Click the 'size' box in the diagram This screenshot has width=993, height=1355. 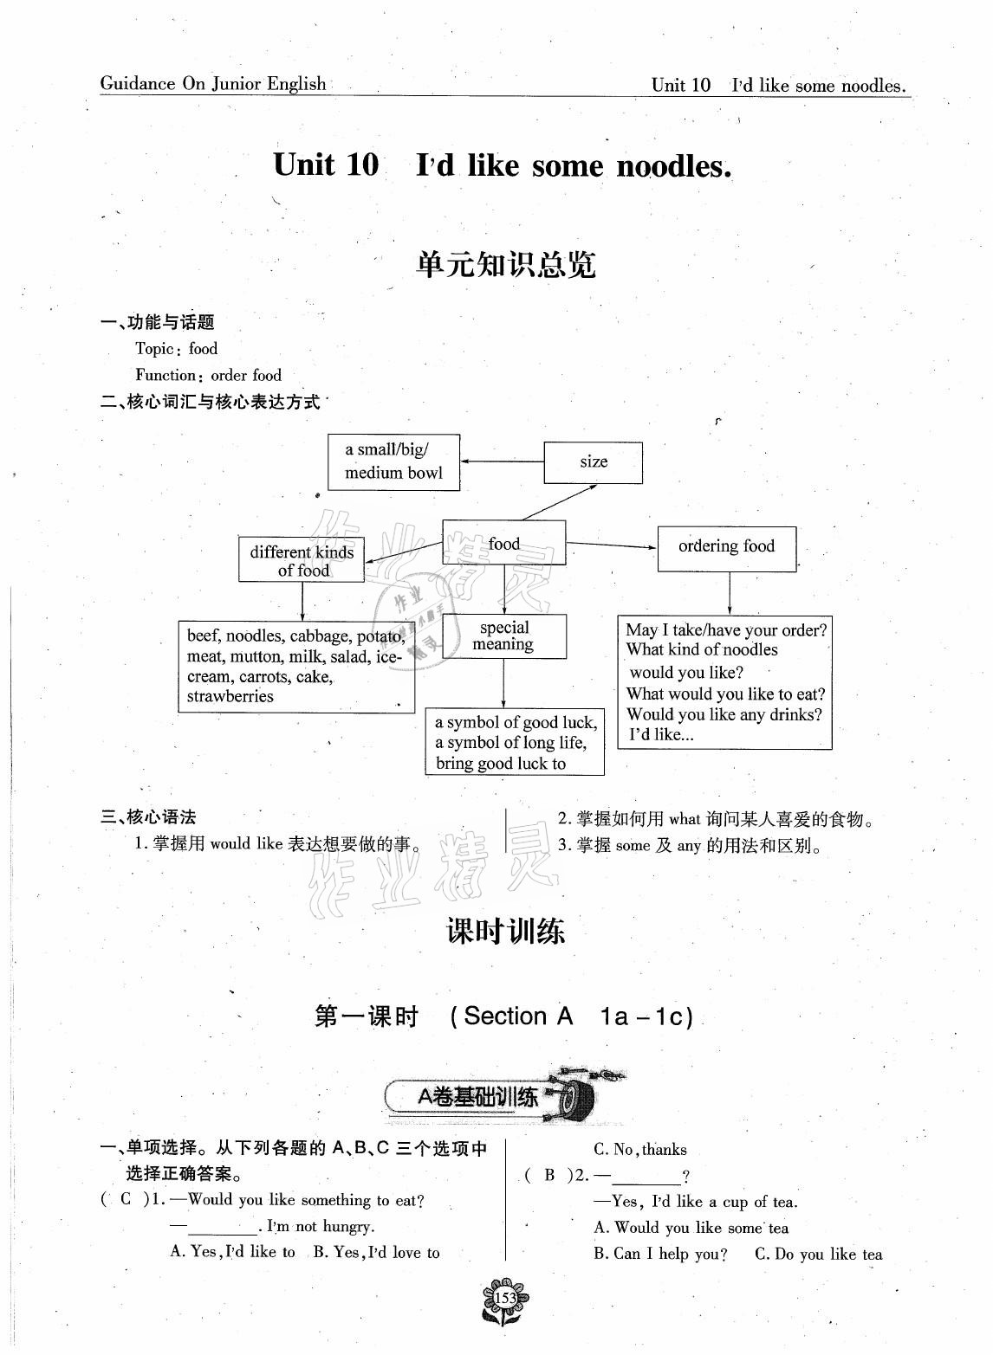(594, 462)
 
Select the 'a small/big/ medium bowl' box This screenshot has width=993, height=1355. (393, 461)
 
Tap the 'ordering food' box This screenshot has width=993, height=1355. (726, 546)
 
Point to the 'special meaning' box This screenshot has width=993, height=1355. (503, 636)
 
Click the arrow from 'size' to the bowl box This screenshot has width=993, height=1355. (502, 461)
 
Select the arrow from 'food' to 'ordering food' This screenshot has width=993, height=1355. (611, 545)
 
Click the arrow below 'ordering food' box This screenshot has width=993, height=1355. (730, 593)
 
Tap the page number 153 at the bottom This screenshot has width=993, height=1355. (505, 1298)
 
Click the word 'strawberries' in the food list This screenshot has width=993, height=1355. (230, 696)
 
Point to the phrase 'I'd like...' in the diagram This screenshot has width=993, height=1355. (661, 735)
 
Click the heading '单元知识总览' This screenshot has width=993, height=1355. (505, 265)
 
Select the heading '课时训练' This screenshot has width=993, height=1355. (505, 932)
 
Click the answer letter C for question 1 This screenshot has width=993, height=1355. (126, 1200)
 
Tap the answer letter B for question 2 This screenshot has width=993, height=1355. (549, 1176)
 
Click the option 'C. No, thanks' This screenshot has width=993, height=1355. (639, 1150)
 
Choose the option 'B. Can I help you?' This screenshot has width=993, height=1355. (660, 1254)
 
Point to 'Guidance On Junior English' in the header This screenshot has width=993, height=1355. (213, 84)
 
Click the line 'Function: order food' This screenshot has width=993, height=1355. (208, 375)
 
